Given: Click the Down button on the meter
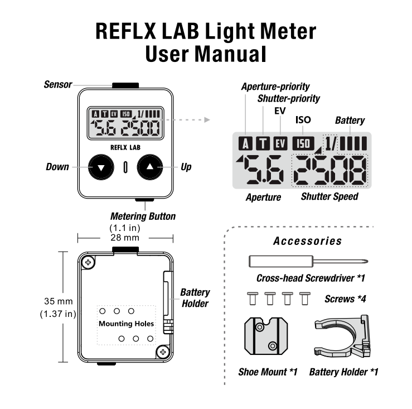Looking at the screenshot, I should pyautogui.click(x=101, y=167).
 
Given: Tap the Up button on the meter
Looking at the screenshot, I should pyautogui.click(x=150, y=167).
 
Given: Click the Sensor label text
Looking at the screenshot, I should pyautogui.click(x=58, y=85).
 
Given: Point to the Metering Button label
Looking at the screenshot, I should pyautogui.click(x=143, y=216).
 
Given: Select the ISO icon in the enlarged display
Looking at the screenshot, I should pyautogui.click(x=304, y=143).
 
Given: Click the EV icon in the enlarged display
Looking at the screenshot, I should pyautogui.click(x=280, y=143).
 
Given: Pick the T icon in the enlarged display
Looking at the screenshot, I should pyautogui.click(x=263, y=143).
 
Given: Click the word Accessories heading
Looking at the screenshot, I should pyautogui.click(x=307, y=242).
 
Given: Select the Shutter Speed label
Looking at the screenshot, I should pyautogui.click(x=329, y=197).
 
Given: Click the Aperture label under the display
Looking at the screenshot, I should pyautogui.click(x=263, y=197).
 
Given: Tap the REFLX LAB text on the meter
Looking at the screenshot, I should pyautogui.click(x=125, y=148).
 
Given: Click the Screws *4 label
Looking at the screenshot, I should pyautogui.click(x=345, y=299).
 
